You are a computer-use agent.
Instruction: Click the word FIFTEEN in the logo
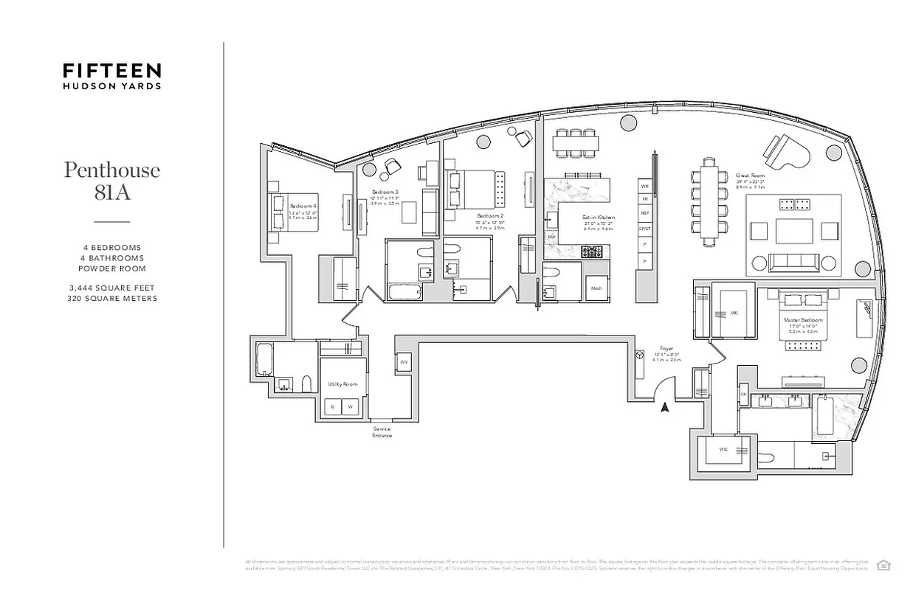tap(112, 70)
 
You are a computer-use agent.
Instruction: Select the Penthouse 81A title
tap(112, 181)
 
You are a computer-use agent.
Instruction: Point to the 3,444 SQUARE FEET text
tap(112, 288)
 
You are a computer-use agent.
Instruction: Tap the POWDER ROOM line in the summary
tap(112, 268)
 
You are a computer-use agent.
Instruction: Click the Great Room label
tap(748, 176)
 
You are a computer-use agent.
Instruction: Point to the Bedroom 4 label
tap(303, 206)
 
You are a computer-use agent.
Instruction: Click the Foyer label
tap(667, 348)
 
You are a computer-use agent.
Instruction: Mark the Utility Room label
tap(342, 384)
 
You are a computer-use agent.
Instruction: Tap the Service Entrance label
tap(382, 432)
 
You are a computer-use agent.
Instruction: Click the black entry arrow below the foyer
tap(665, 406)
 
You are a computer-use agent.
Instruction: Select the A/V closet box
tap(404, 363)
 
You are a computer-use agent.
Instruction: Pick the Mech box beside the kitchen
tap(596, 288)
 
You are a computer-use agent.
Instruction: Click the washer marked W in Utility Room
tap(351, 406)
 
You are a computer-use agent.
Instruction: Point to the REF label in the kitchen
tap(645, 212)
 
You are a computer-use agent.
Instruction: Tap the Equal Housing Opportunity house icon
tap(882, 565)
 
